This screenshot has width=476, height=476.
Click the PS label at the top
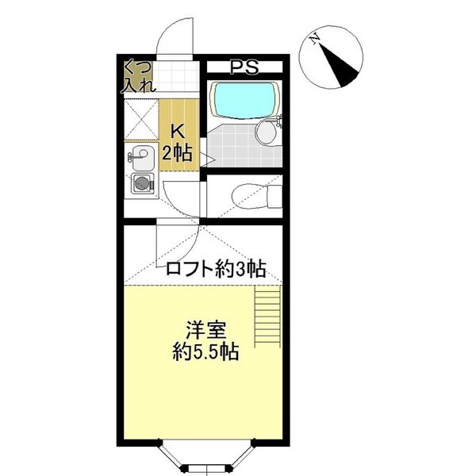(243, 67)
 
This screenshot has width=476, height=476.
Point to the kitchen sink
(142, 158)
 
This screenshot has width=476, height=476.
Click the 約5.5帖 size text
(205, 351)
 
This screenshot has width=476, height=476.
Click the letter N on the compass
(315, 38)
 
